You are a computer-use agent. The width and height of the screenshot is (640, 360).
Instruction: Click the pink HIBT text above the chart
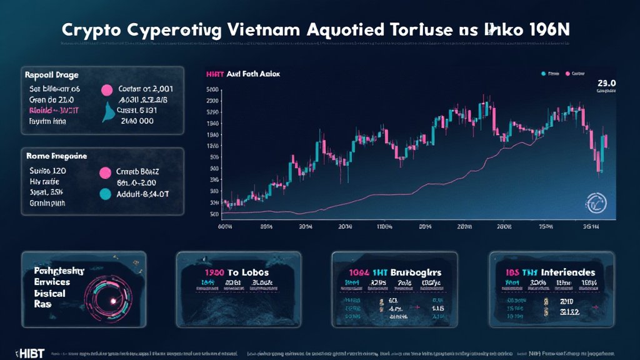[214, 74]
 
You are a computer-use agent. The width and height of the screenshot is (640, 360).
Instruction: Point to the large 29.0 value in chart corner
[606, 82]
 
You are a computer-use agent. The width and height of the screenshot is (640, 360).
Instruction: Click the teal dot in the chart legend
[544, 74]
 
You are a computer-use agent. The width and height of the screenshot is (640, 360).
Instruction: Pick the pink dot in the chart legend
[567, 74]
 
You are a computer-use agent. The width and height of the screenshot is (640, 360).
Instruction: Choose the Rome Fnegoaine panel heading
[56, 156]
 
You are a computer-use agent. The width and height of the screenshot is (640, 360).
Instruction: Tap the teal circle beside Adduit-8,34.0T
[104, 194]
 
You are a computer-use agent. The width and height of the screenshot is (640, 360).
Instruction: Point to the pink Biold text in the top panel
[39, 111]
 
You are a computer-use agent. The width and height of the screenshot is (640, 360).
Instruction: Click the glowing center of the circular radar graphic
[114, 301]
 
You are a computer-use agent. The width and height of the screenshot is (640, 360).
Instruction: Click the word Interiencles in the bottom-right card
[568, 272]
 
